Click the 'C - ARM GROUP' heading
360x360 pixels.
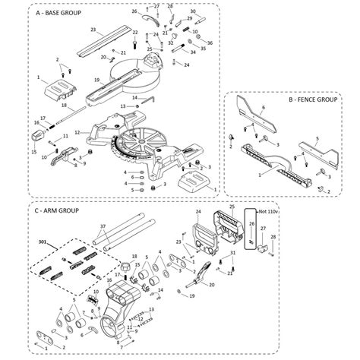point(57,210)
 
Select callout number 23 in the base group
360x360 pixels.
point(93,30)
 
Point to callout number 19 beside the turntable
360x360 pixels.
point(96,80)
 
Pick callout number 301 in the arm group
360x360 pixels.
point(42,241)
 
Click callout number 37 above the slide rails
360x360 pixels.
point(103,226)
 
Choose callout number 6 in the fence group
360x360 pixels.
point(264,109)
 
